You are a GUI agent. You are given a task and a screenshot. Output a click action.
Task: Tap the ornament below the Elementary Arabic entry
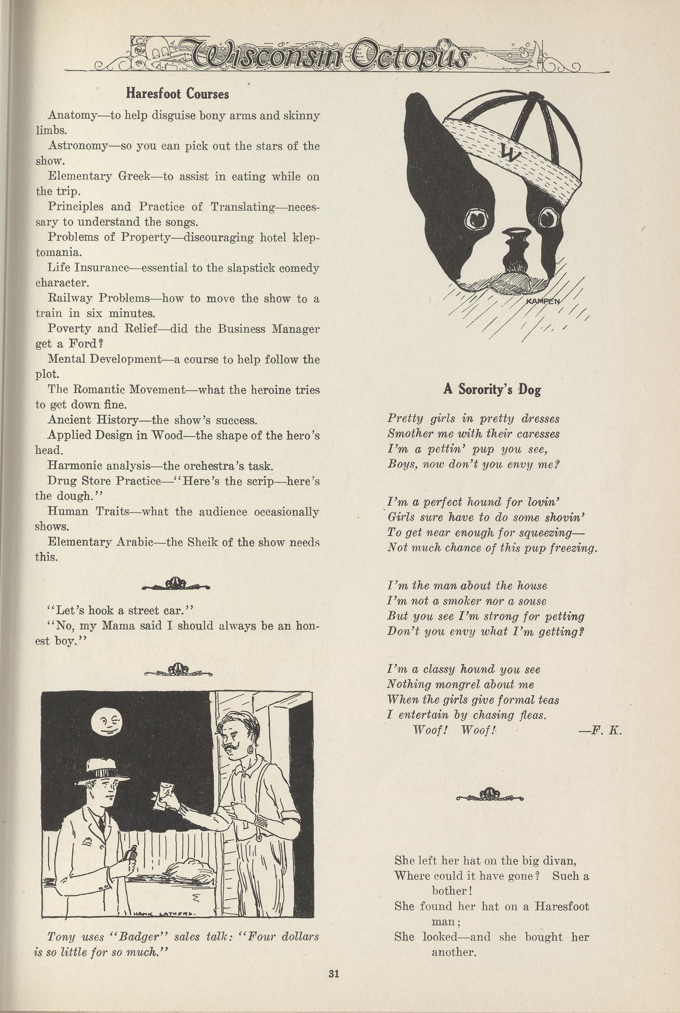click(176, 583)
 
